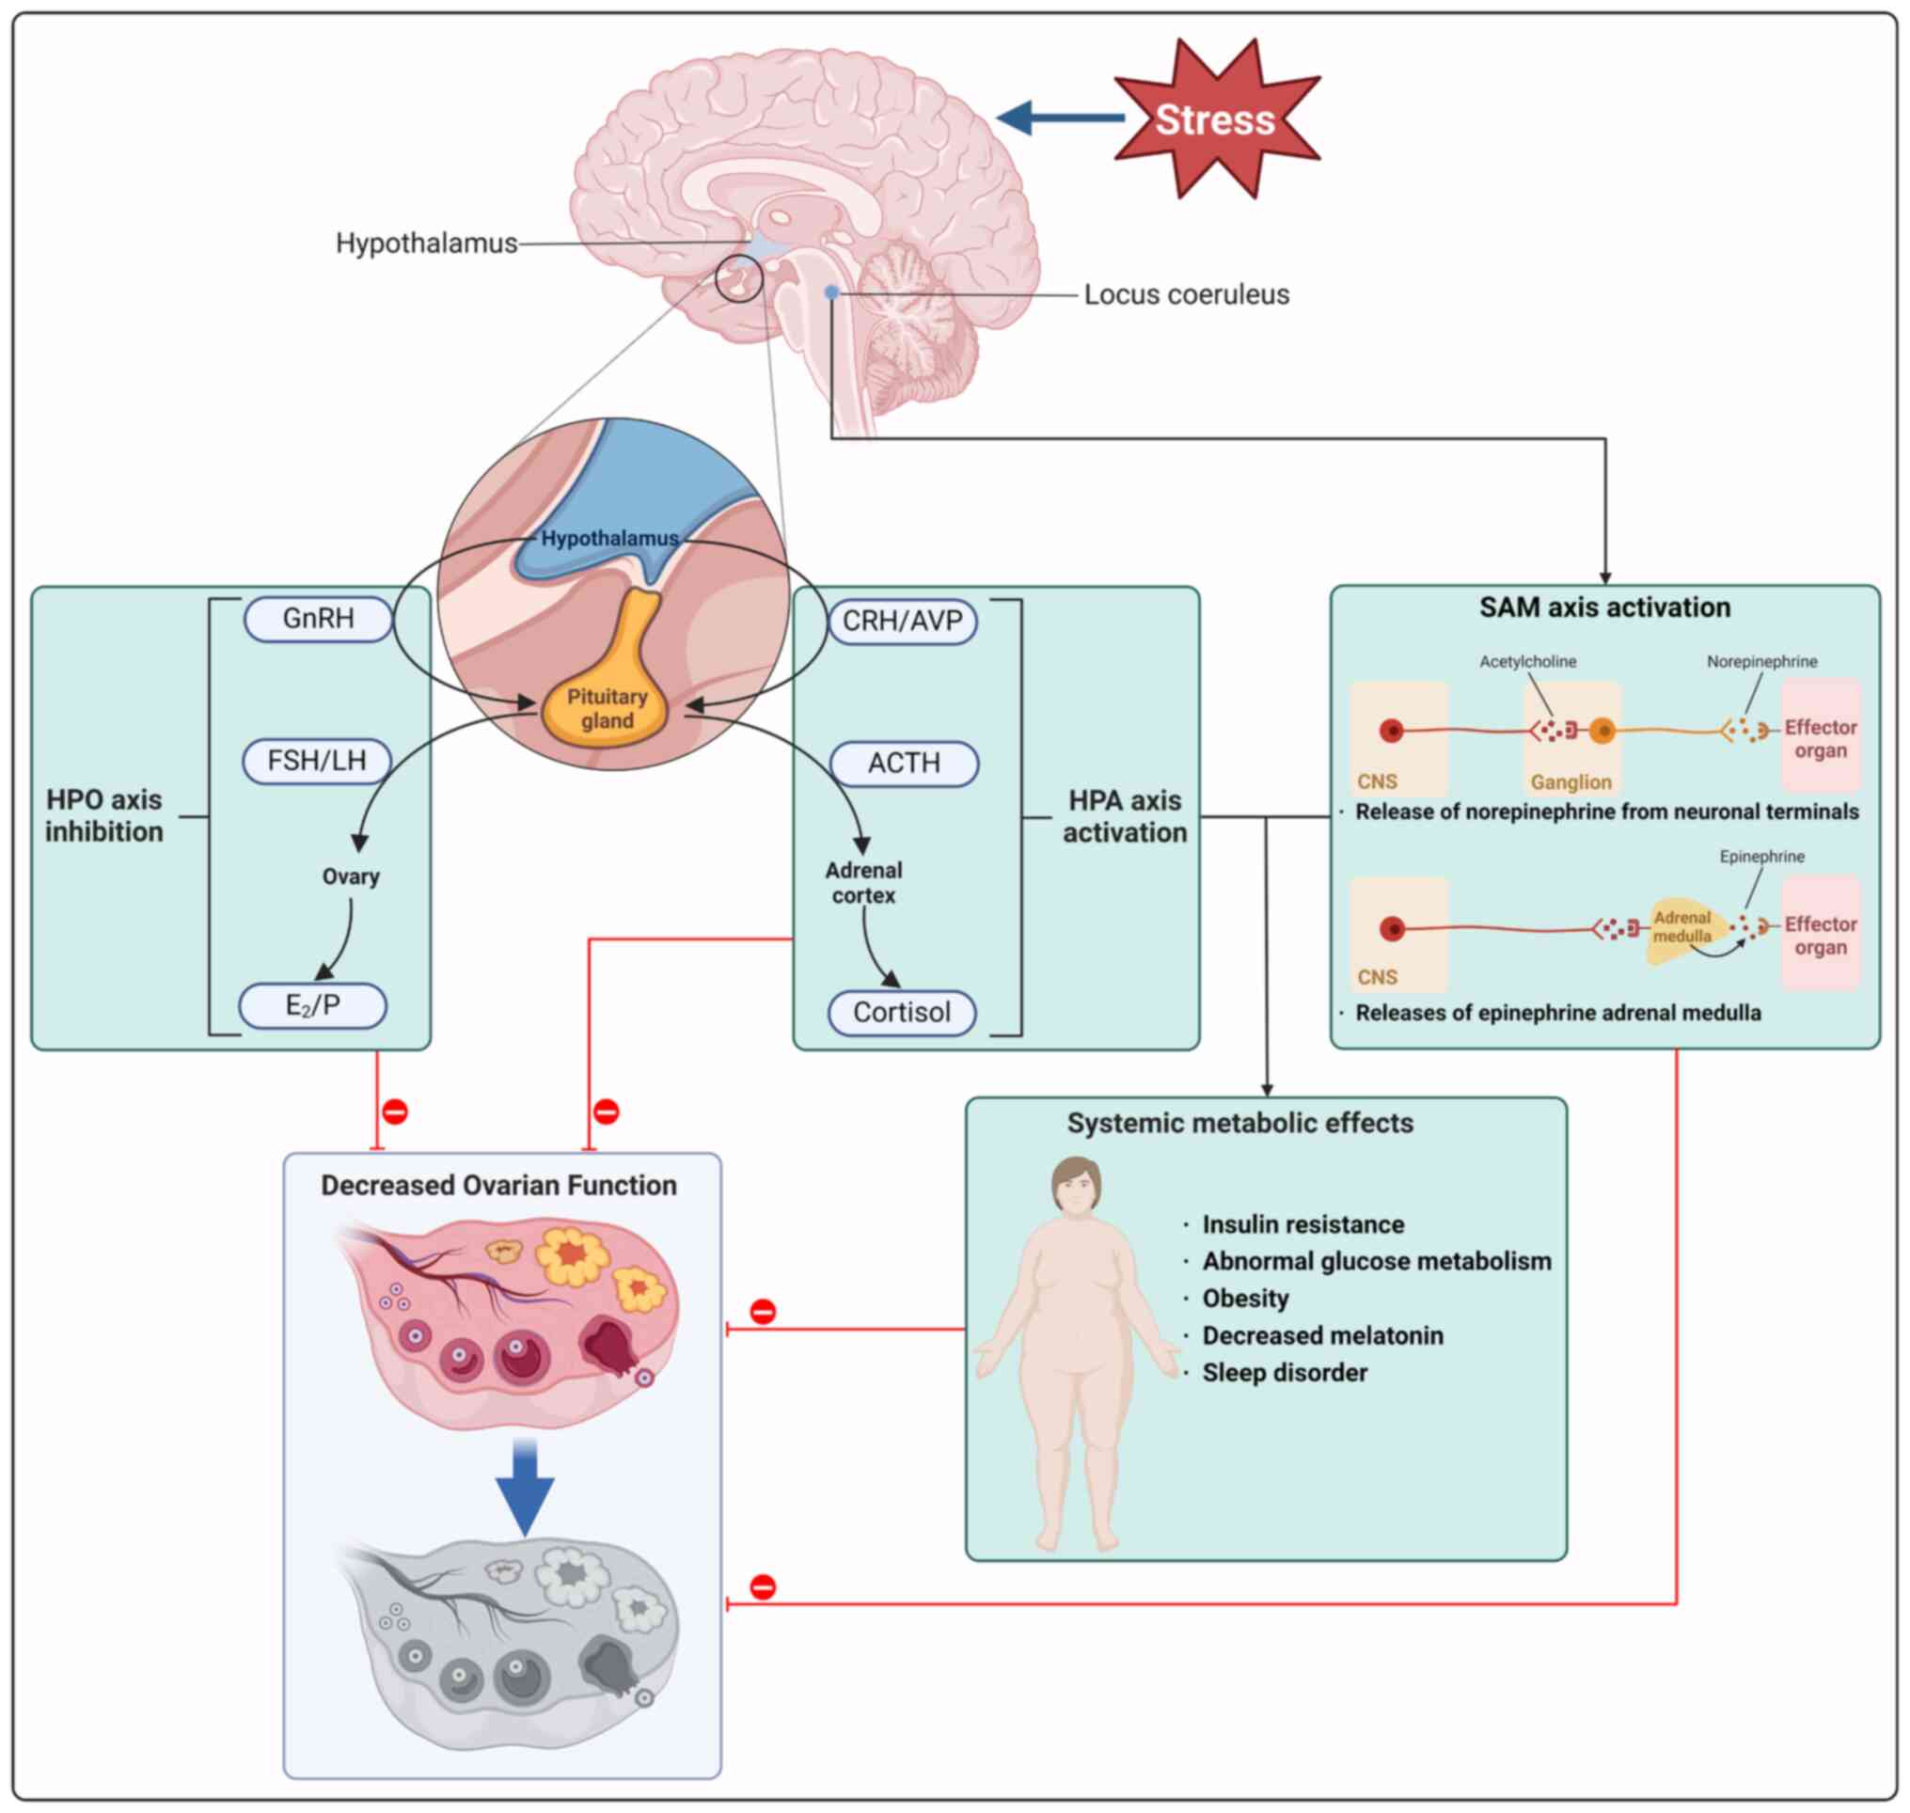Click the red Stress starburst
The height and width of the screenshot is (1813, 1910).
(x=1215, y=118)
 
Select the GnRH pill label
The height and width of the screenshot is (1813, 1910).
(x=318, y=619)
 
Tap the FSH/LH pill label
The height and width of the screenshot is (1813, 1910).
(x=317, y=761)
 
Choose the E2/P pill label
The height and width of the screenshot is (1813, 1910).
(x=313, y=1005)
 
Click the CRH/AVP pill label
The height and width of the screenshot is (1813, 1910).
(x=903, y=622)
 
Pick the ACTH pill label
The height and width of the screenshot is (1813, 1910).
(x=904, y=764)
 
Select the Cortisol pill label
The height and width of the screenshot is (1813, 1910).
(x=902, y=1013)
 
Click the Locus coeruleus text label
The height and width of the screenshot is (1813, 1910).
(x=1186, y=294)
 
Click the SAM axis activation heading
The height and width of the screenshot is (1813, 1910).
(x=1604, y=607)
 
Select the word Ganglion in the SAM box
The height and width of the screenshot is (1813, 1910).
(x=1571, y=781)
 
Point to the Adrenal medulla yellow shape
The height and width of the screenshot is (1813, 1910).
(x=1681, y=930)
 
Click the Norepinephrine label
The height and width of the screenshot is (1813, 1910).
(x=1761, y=662)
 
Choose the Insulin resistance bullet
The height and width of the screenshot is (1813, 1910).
(x=1302, y=1224)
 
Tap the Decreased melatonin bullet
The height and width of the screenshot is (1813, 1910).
(x=1321, y=1335)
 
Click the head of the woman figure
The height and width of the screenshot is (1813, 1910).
(x=1077, y=1186)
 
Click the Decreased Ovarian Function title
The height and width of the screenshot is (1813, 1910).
(x=498, y=1186)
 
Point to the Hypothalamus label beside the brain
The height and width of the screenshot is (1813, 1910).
(x=426, y=244)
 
